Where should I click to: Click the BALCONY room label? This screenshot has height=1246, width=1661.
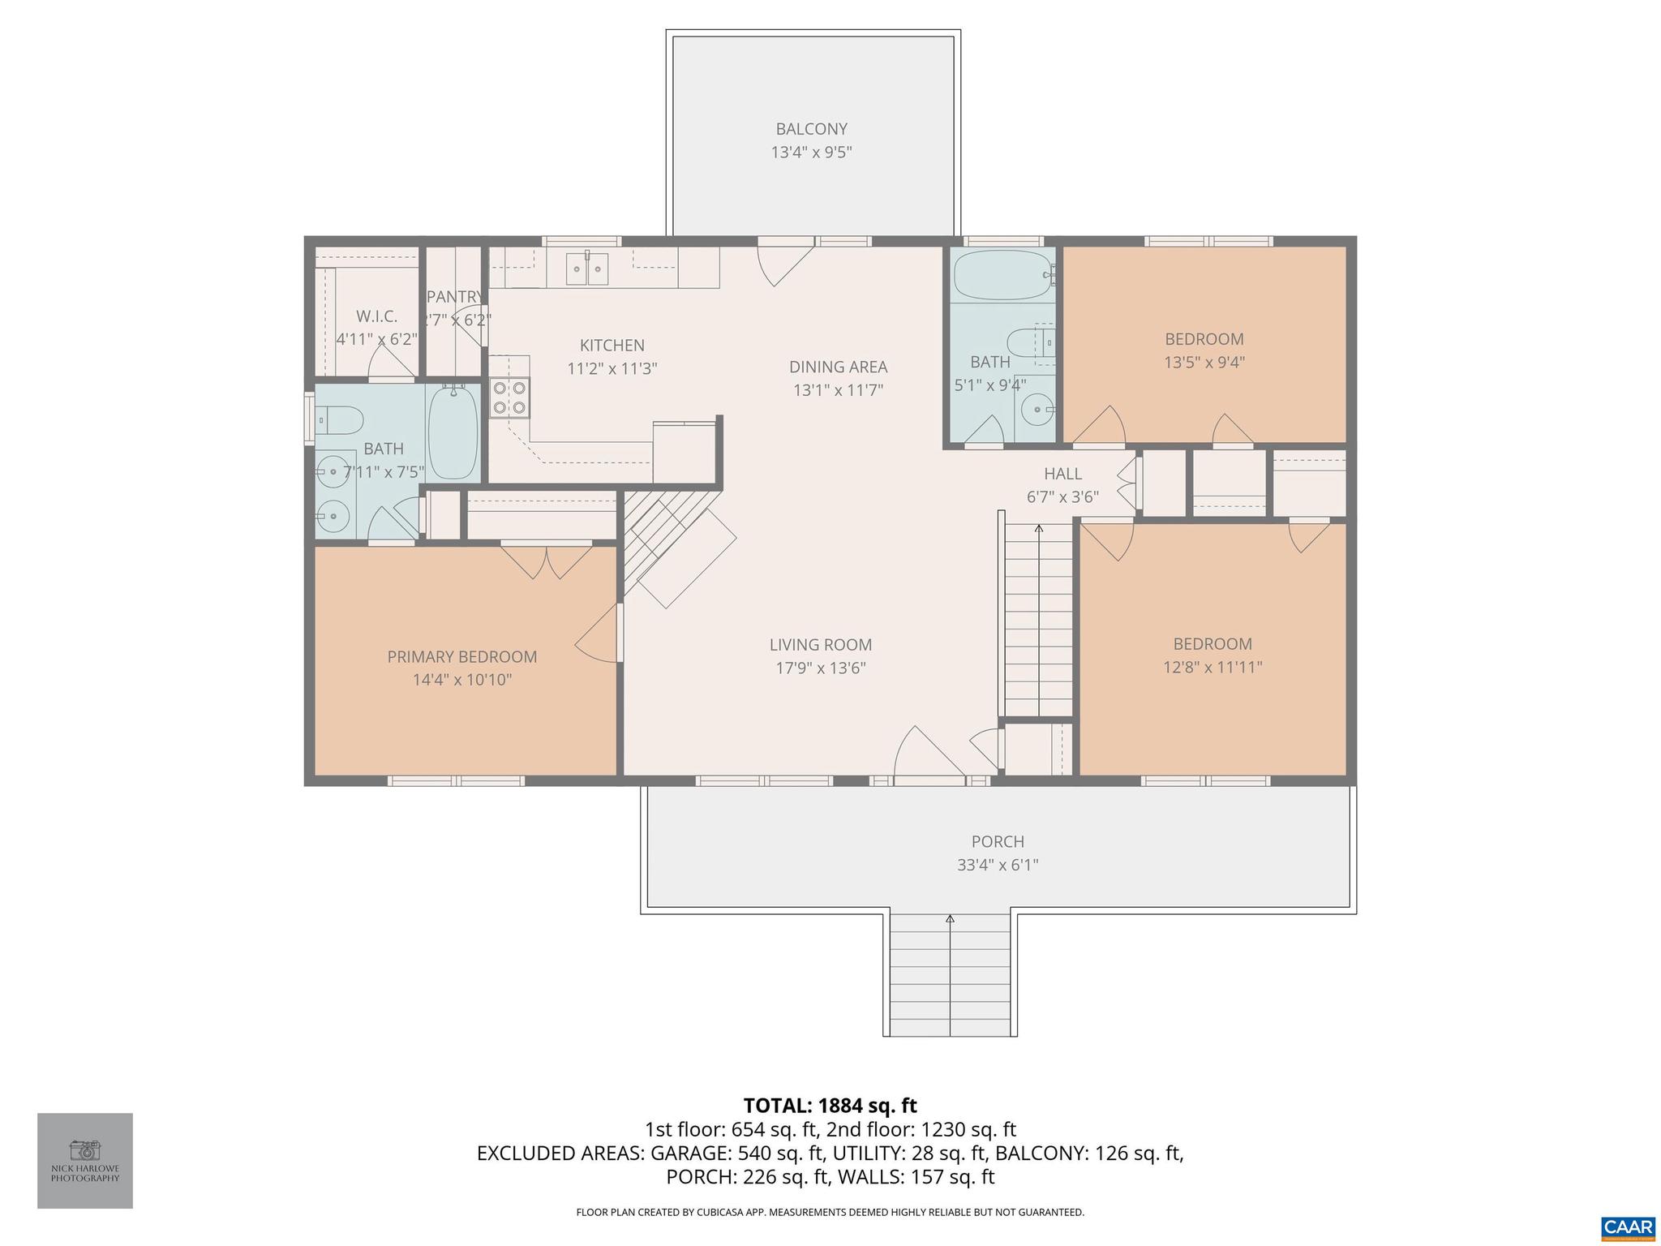tap(811, 129)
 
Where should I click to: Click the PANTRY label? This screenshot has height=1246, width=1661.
tap(454, 297)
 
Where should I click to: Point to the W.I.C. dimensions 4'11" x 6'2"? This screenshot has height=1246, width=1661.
tap(377, 339)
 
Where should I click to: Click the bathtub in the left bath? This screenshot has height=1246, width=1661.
tap(453, 433)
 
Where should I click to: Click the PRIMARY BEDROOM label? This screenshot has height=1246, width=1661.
tap(461, 657)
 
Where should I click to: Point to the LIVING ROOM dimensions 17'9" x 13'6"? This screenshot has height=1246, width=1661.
tap(821, 668)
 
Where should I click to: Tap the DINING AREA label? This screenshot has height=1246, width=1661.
tap(838, 367)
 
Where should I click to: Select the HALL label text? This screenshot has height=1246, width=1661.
tap(1062, 474)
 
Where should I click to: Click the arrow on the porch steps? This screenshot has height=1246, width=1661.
tap(950, 920)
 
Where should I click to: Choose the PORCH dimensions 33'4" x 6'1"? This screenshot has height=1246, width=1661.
tap(998, 865)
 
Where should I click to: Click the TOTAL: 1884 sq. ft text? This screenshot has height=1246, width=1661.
tap(830, 1106)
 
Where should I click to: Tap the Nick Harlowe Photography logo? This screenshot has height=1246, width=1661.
tap(85, 1160)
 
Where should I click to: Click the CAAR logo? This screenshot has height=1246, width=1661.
tap(1628, 1226)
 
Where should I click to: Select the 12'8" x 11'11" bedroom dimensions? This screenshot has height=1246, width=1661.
tap(1212, 668)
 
